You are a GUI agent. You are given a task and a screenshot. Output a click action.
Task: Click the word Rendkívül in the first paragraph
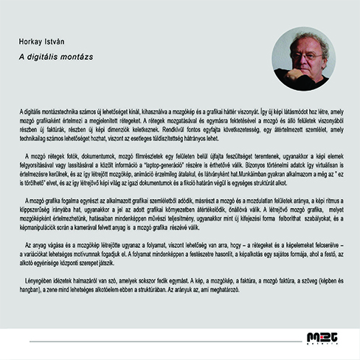click(202, 129)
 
